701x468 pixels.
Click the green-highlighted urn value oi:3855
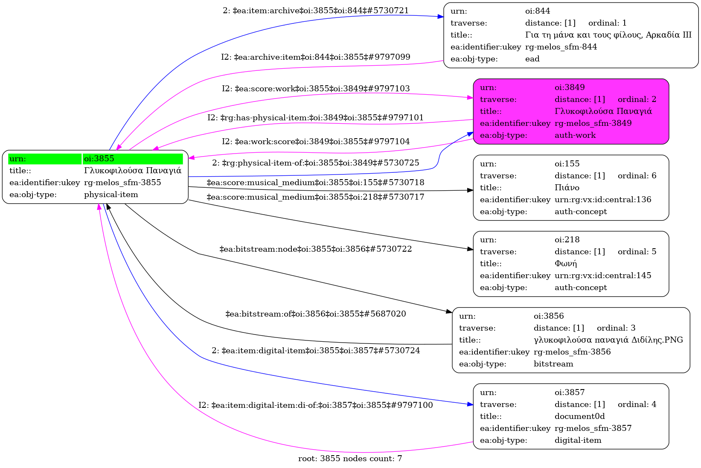click(x=99, y=159)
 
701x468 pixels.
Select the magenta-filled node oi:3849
click(x=570, y=111)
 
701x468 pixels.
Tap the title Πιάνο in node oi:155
click(x=567, y=188)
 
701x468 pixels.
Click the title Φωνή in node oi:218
click(x=565, y=264)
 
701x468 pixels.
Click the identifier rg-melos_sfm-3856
click(x=572, y=352)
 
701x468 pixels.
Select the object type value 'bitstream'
click(x=553, y=364)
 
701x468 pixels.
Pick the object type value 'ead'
click(x=532, y=59)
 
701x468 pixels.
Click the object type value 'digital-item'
click(x=578, y=440)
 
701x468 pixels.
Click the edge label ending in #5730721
click(x=316, y=11)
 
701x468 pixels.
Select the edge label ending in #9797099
click(x=316, y=57)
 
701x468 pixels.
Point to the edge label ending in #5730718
click(x=316, y=183)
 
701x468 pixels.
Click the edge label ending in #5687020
click(x=316, y=314)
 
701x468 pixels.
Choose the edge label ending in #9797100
click(x=316, y=405)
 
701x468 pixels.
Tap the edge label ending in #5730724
click(x=316, y=351)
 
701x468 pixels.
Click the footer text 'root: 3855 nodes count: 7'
click(x=350, y=459)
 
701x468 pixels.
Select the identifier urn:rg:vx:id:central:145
click(x=603, y=276)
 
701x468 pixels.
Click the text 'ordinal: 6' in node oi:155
click(x=637, y=176)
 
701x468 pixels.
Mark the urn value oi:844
click(x=538, y=11)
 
